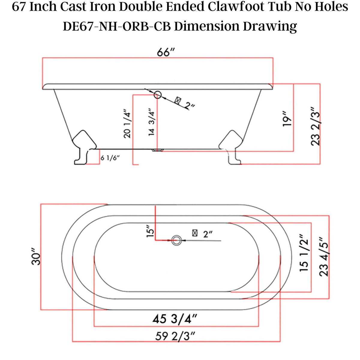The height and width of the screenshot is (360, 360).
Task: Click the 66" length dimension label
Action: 166,52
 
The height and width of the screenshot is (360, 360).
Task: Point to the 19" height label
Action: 287,119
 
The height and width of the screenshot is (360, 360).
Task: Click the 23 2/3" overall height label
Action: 316,126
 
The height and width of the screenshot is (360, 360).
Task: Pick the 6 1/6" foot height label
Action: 110,158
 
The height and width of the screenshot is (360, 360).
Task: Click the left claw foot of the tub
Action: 84,147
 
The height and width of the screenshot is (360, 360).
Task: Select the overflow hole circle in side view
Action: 158,95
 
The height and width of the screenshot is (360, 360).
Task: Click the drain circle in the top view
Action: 176,240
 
